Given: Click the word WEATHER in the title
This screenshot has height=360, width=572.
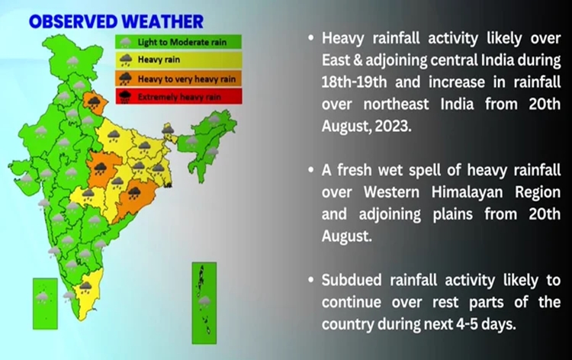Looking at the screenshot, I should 163,20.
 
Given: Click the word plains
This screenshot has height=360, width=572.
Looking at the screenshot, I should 445,214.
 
